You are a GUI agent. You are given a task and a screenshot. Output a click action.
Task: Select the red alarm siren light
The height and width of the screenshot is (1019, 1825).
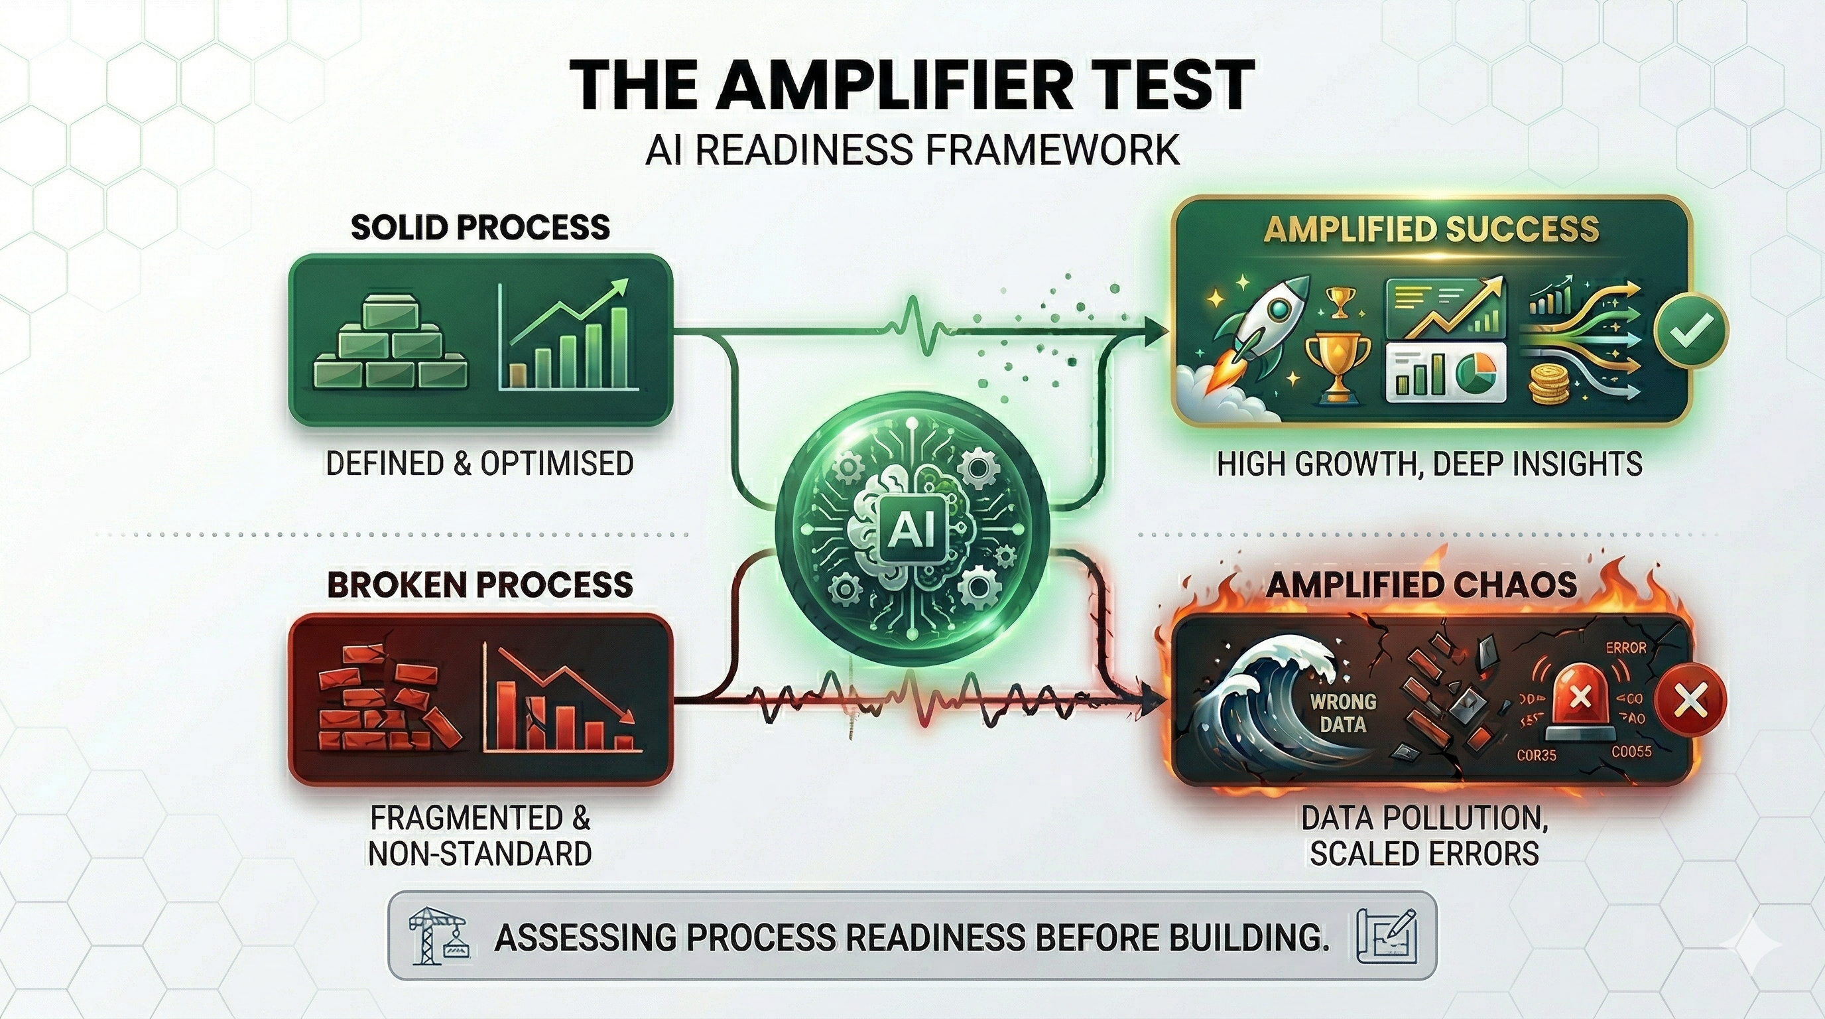(x=1580, y=701)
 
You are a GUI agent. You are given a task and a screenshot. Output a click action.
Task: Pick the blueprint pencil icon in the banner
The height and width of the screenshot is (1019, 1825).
(x=1387, y=935)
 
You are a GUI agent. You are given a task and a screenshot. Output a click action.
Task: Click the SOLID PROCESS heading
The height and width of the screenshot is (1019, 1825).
(x=480, y=228)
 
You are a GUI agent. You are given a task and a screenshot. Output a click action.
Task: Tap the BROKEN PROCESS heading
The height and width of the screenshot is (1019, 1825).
(x=479, y=585)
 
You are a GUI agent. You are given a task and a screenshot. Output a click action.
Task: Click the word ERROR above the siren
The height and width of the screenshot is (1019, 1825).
(x=1625, y=647)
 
